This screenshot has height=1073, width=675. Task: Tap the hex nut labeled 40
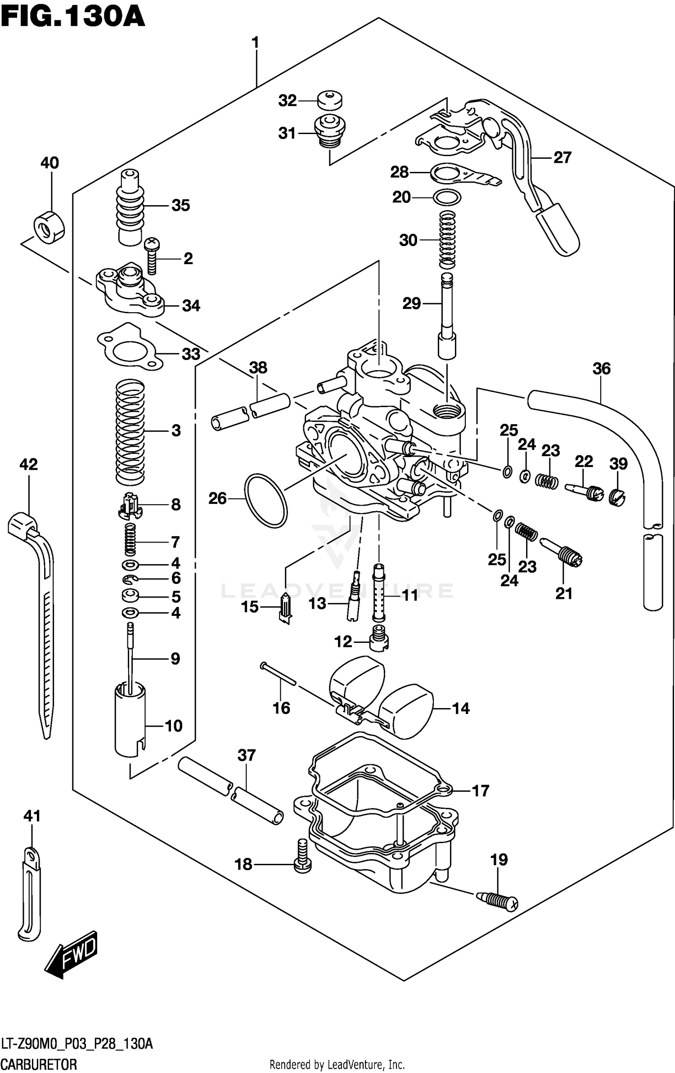pos(49,226)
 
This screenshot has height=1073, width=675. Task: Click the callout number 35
pos(180,206)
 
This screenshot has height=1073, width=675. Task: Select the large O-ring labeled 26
pos(266,500)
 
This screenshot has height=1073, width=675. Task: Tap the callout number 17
pos(480,791)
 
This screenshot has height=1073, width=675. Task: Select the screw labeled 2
pos(152,256)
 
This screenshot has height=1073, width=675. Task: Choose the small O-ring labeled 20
pos(446,197)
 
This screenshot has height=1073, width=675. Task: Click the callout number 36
pos(601,369)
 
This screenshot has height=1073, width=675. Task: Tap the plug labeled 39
pos(618,496)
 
